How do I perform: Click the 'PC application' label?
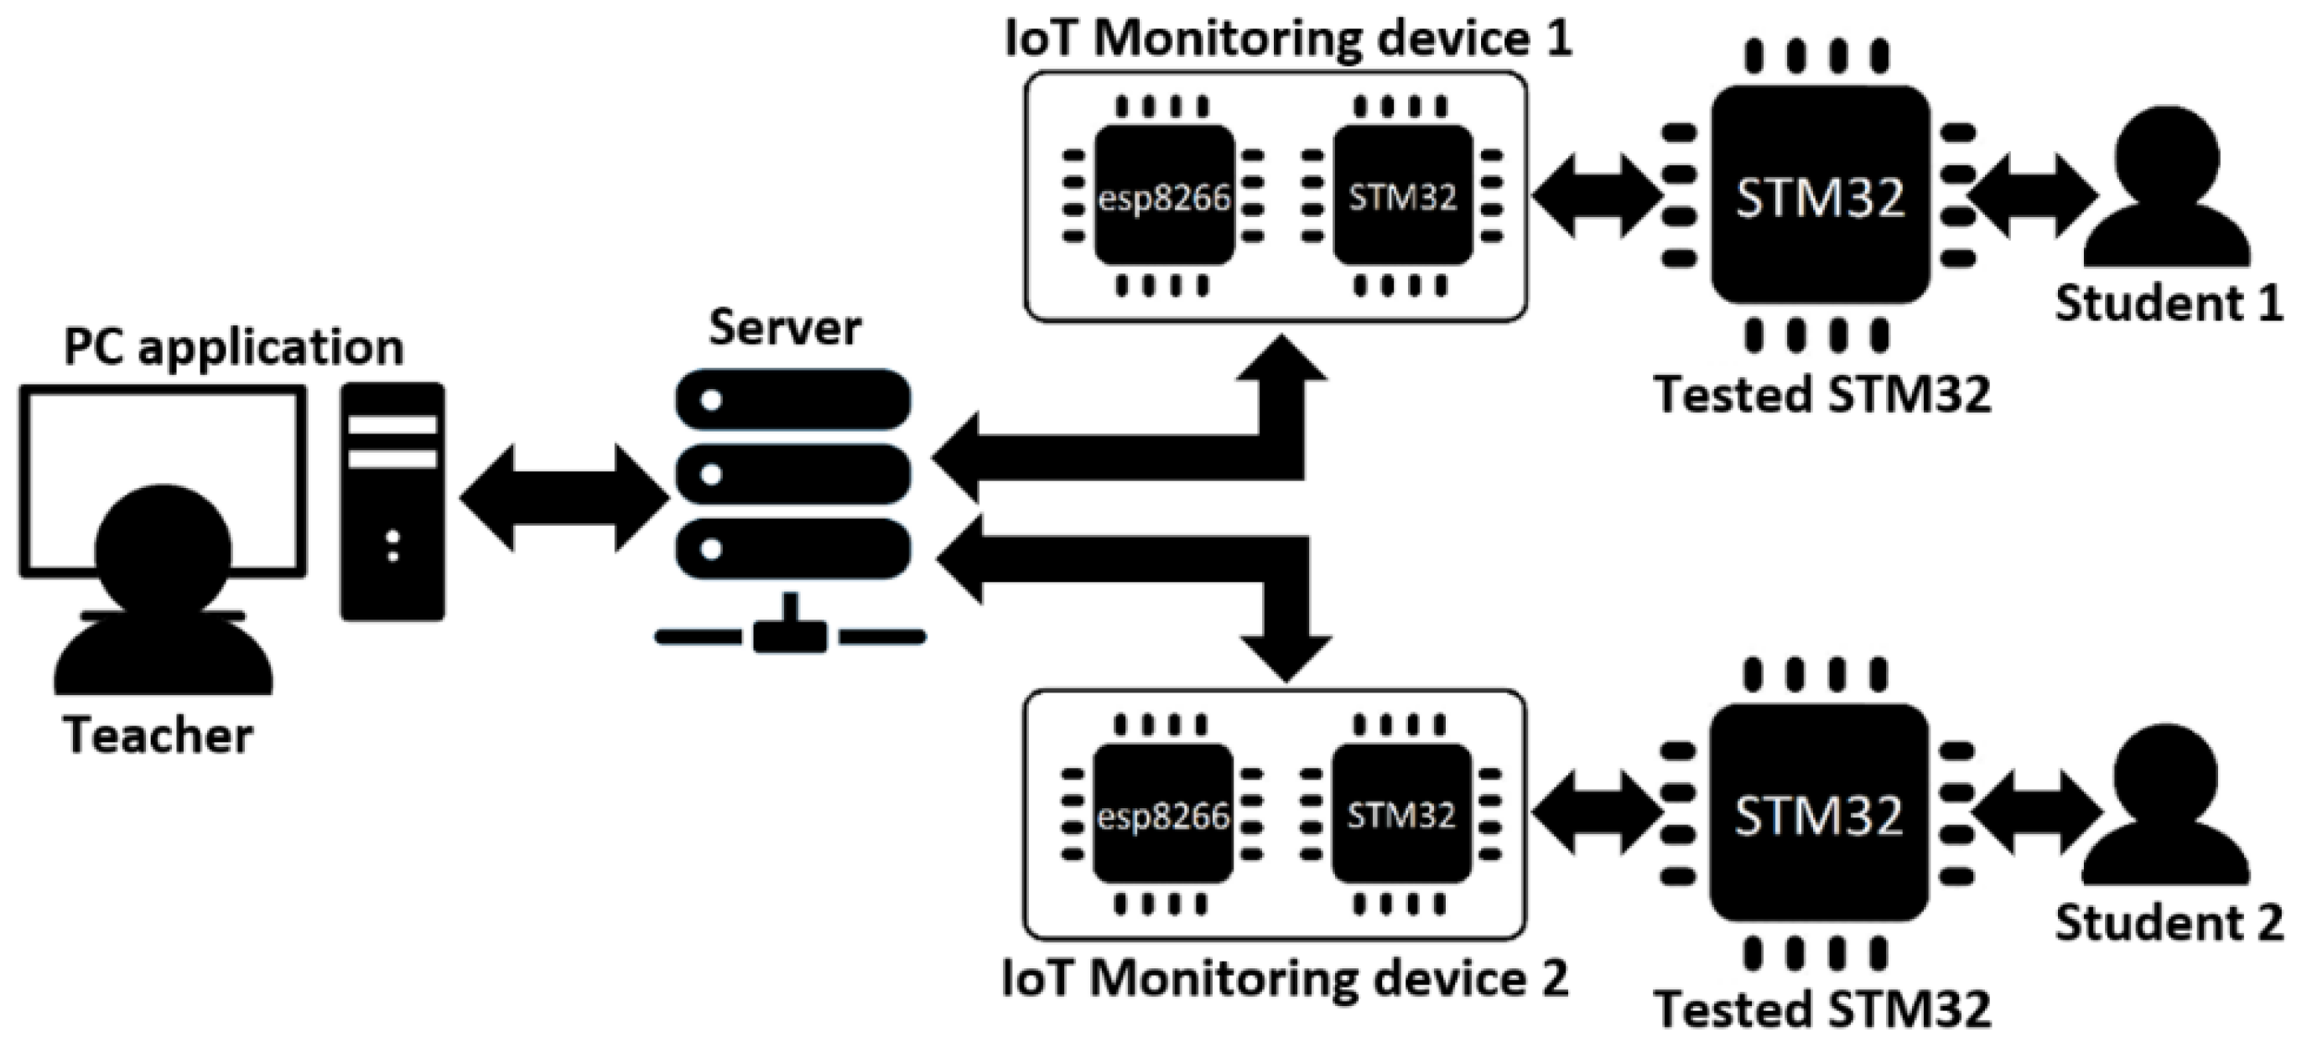234,348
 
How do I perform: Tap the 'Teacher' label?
158,736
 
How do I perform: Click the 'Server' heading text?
785,328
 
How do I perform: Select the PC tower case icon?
392,501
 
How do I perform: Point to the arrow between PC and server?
564,497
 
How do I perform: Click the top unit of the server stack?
792,399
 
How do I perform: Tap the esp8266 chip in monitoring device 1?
1164,196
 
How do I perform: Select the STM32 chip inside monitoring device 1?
1402,196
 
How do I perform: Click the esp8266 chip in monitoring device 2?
1163,815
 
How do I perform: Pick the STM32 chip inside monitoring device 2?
1401,815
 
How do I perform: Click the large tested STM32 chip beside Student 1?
1819,196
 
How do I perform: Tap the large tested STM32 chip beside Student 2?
1818,815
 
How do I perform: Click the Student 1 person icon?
2167,193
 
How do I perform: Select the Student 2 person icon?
2167,811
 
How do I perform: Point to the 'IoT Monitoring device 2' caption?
1284,978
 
